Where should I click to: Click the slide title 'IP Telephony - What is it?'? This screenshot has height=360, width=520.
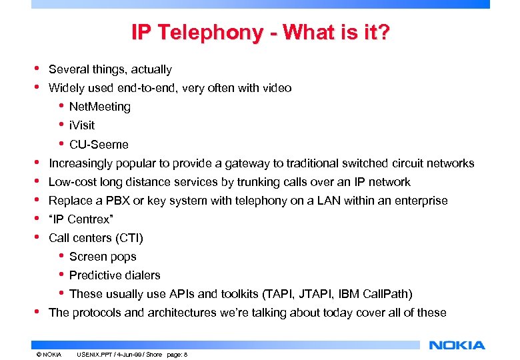click(x=260, y=32)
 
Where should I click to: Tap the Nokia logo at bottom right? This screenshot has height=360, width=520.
click(x=457, y=345)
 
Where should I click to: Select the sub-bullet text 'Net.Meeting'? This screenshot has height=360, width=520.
click(x=100, y=107)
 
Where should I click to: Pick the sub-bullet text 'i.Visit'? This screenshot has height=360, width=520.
click(x=82, y=125)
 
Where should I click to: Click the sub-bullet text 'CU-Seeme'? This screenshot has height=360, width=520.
click(x=99, y=145)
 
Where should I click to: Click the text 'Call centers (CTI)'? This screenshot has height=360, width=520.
click(x=96, y=238)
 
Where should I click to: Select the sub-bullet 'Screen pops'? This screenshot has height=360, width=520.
click(x=103, y=257)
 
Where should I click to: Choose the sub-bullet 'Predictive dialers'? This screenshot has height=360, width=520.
click(x=115, y=275)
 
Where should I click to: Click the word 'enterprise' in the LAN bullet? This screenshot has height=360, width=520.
click(x=421, y=201)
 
